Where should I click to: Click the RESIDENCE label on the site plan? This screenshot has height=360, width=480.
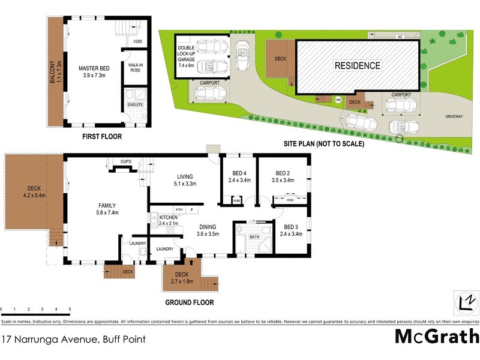coord(358,65)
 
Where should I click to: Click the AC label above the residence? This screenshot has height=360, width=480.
coord(399,37)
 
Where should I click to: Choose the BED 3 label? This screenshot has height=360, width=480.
coord(290,230)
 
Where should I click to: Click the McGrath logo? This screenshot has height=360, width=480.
coord(436,337)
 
